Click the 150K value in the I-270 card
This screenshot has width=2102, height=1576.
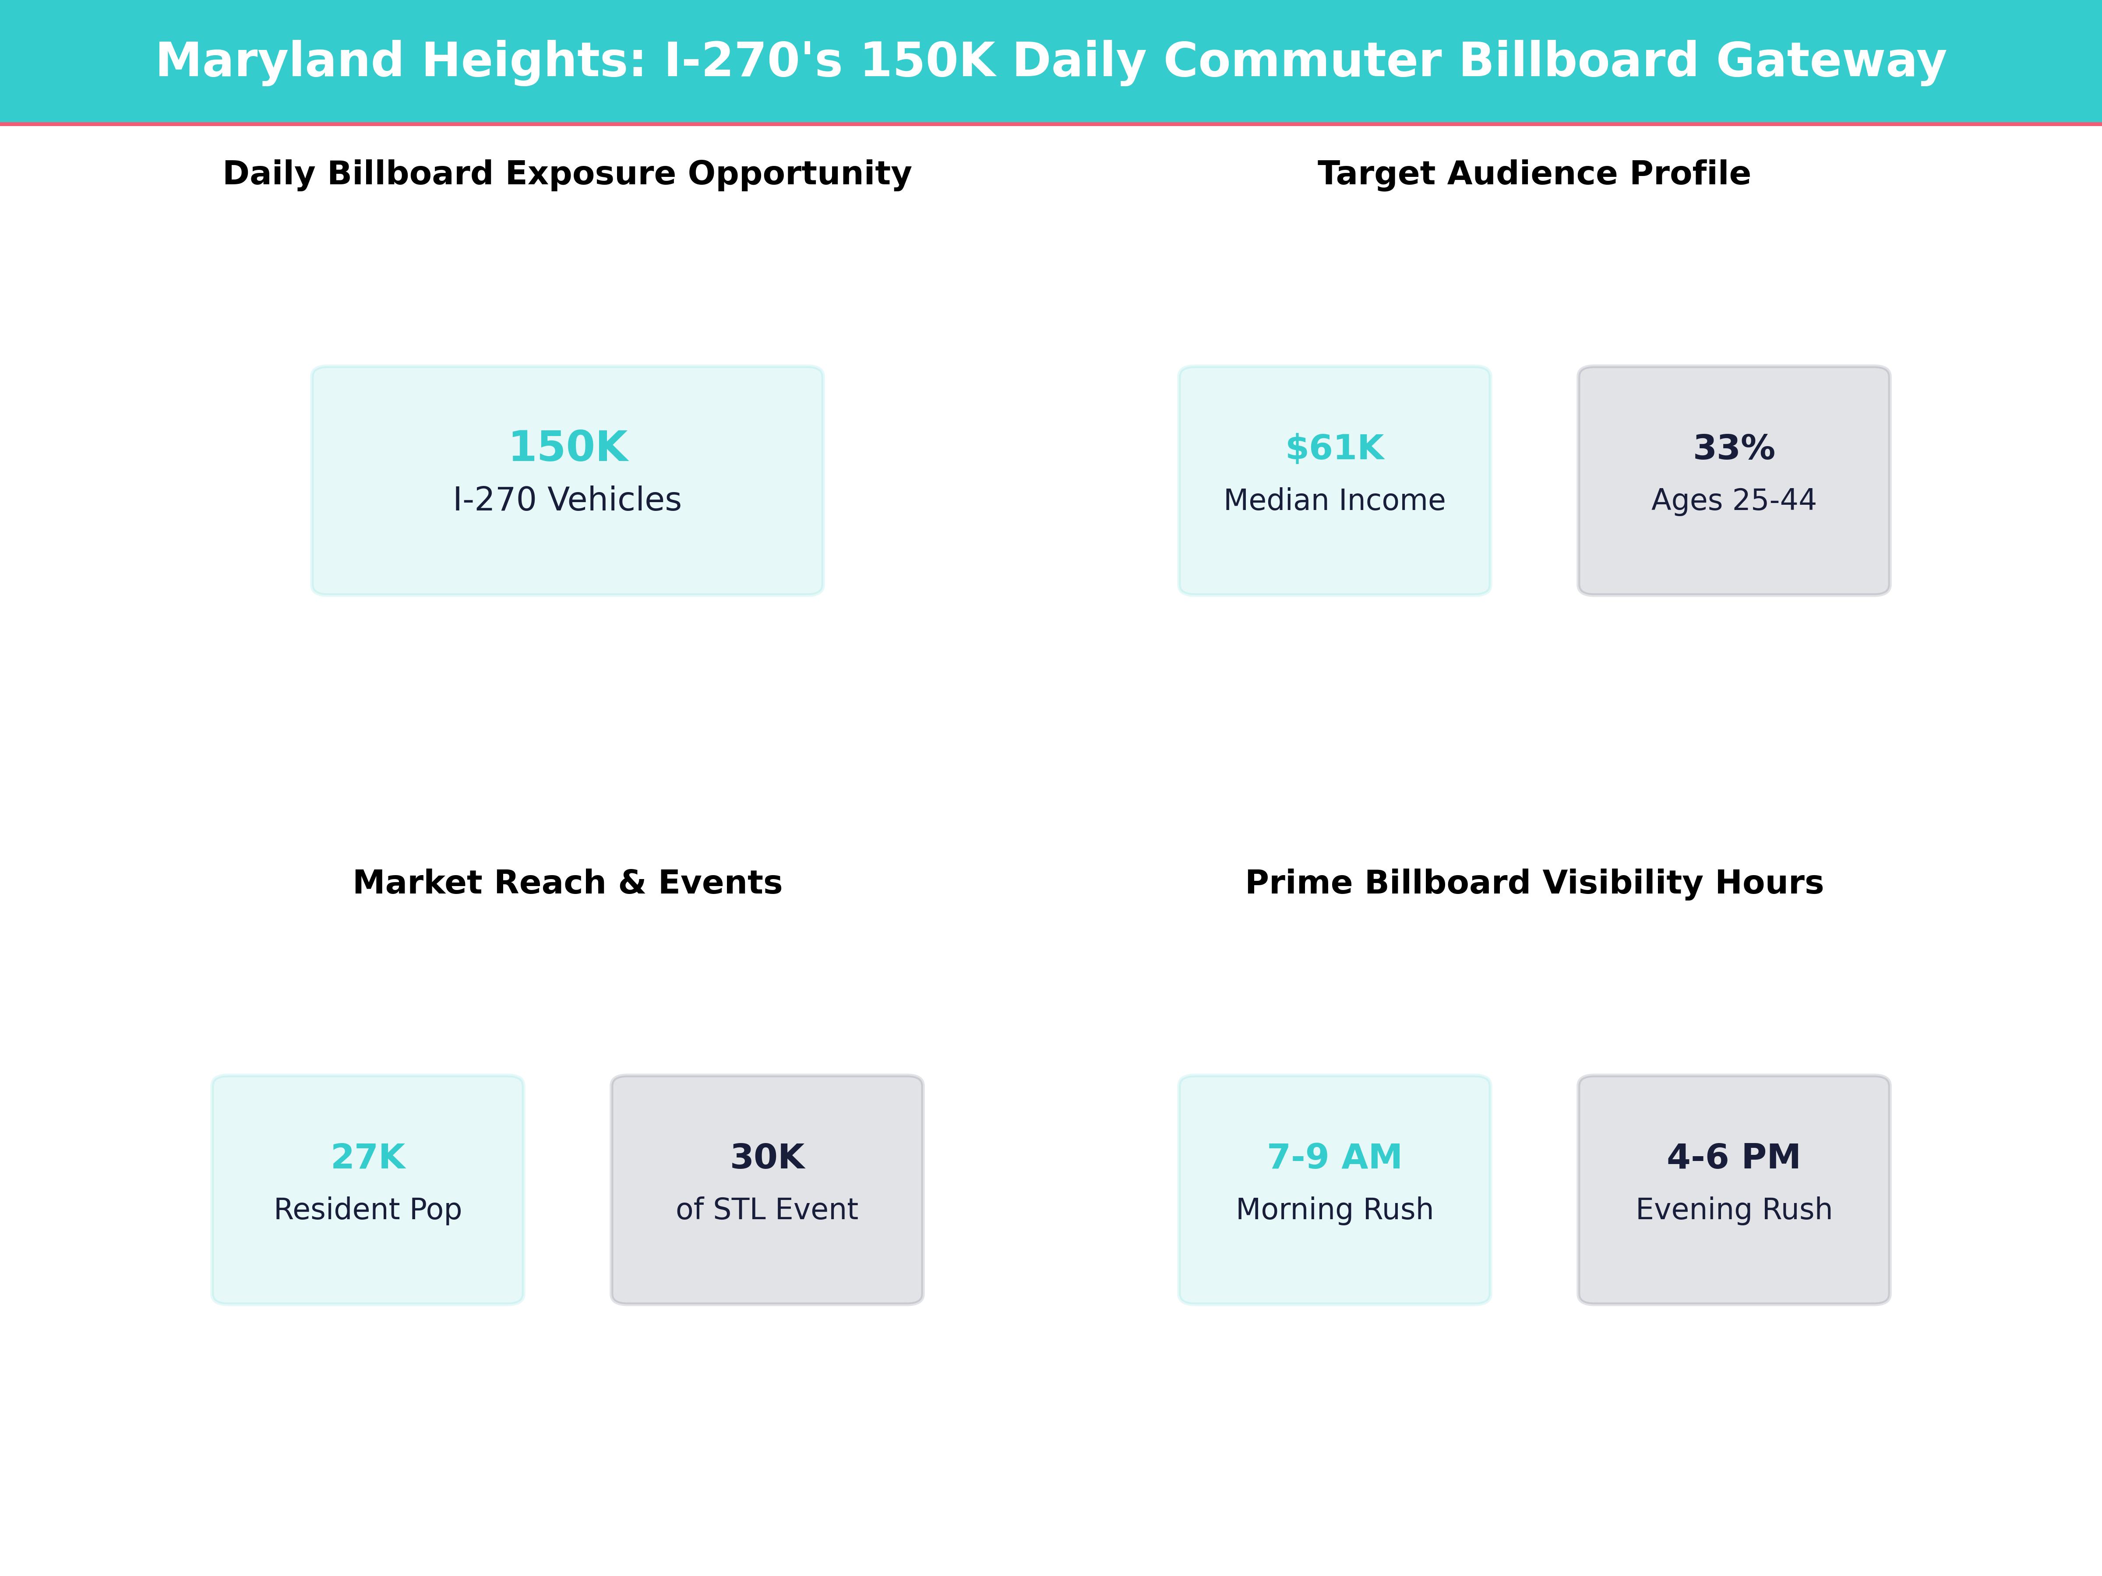568,447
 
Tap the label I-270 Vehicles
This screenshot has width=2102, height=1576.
567,500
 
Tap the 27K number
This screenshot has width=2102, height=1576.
368,1157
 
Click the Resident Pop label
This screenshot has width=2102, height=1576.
368,1209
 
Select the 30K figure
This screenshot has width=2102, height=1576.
767,1157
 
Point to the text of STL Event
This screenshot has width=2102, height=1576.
767,1209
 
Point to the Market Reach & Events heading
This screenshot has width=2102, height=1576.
567,883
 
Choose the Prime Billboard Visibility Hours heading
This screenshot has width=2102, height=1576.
1534,883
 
